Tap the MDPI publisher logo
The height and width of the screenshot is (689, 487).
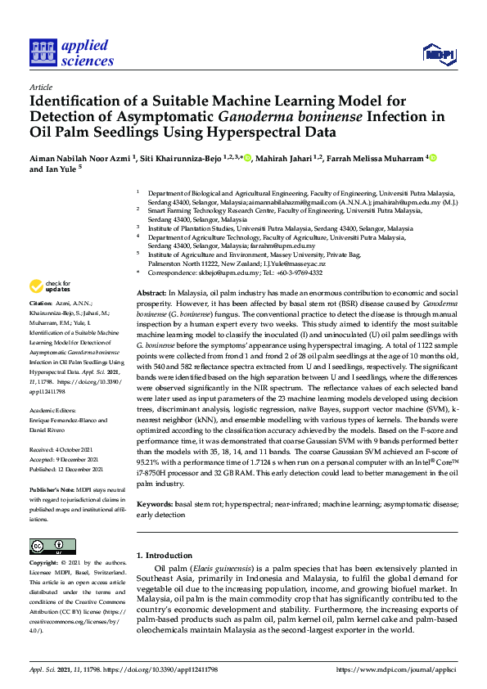tap(438, 54)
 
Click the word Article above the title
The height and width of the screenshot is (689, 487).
tap(40, 87)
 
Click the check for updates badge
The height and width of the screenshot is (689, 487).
tap(51, 286)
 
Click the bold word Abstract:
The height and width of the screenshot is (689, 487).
tap(151, 292)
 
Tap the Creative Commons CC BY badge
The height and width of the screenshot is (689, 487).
tap(47, 547)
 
